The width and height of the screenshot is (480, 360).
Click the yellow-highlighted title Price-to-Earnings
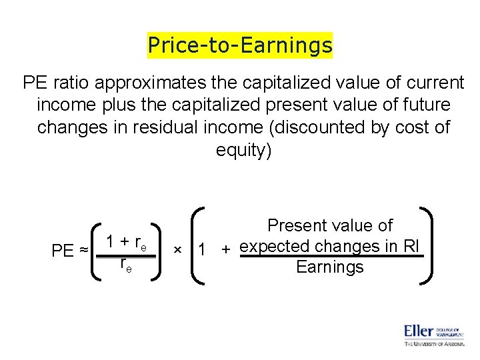coord(240,45)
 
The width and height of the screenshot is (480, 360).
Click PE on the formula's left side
coord(63,251)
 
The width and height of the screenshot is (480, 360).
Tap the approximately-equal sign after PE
coord(84,251)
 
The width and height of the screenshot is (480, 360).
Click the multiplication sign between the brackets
coord(178,249)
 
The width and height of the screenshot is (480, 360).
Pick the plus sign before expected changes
coord(227,249)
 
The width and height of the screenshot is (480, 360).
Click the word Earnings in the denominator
coord(329,267)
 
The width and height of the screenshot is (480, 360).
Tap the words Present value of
coord(330,226)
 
